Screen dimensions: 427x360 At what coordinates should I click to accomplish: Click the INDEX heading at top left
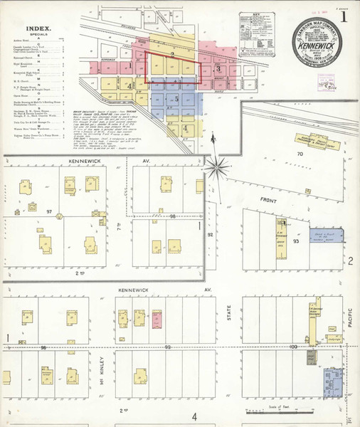pos(37,30)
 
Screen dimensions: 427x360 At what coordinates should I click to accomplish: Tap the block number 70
pos(300,153)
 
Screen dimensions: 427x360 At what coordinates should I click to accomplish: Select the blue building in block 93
pos(327,238)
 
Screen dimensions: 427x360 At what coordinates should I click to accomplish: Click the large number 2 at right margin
pos(351,262)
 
